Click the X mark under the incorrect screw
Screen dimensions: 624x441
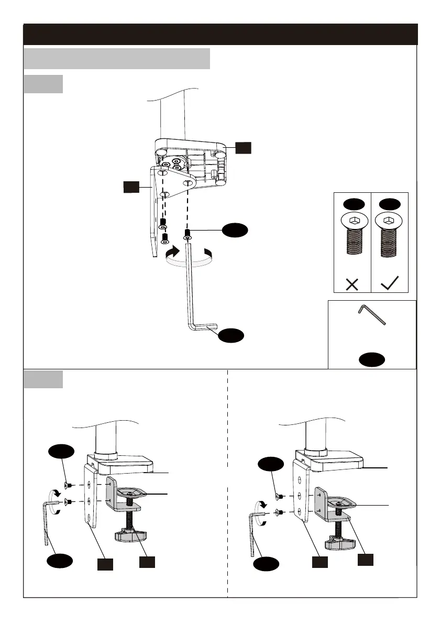352,284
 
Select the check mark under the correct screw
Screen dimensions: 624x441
389,284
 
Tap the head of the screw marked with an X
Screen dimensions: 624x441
352,222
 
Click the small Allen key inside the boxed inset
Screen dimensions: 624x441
372,315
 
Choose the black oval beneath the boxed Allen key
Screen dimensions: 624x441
372,359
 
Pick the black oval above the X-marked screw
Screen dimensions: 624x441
352,203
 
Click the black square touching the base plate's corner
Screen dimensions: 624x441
243,148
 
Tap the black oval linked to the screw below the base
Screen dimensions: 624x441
234,230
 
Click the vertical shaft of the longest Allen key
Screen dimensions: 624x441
188,283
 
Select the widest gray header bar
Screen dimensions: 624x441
117,59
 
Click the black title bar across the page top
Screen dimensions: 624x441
220,34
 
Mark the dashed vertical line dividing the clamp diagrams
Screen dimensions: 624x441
227,524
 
